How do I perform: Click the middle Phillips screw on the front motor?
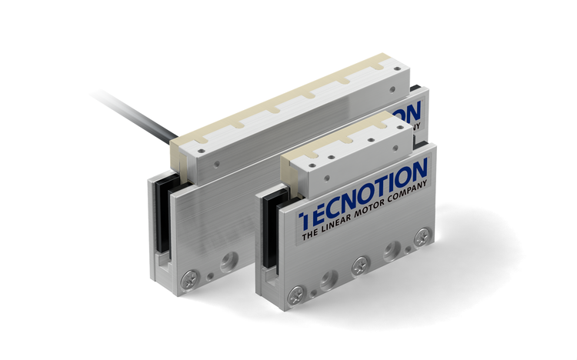(359, 266)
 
